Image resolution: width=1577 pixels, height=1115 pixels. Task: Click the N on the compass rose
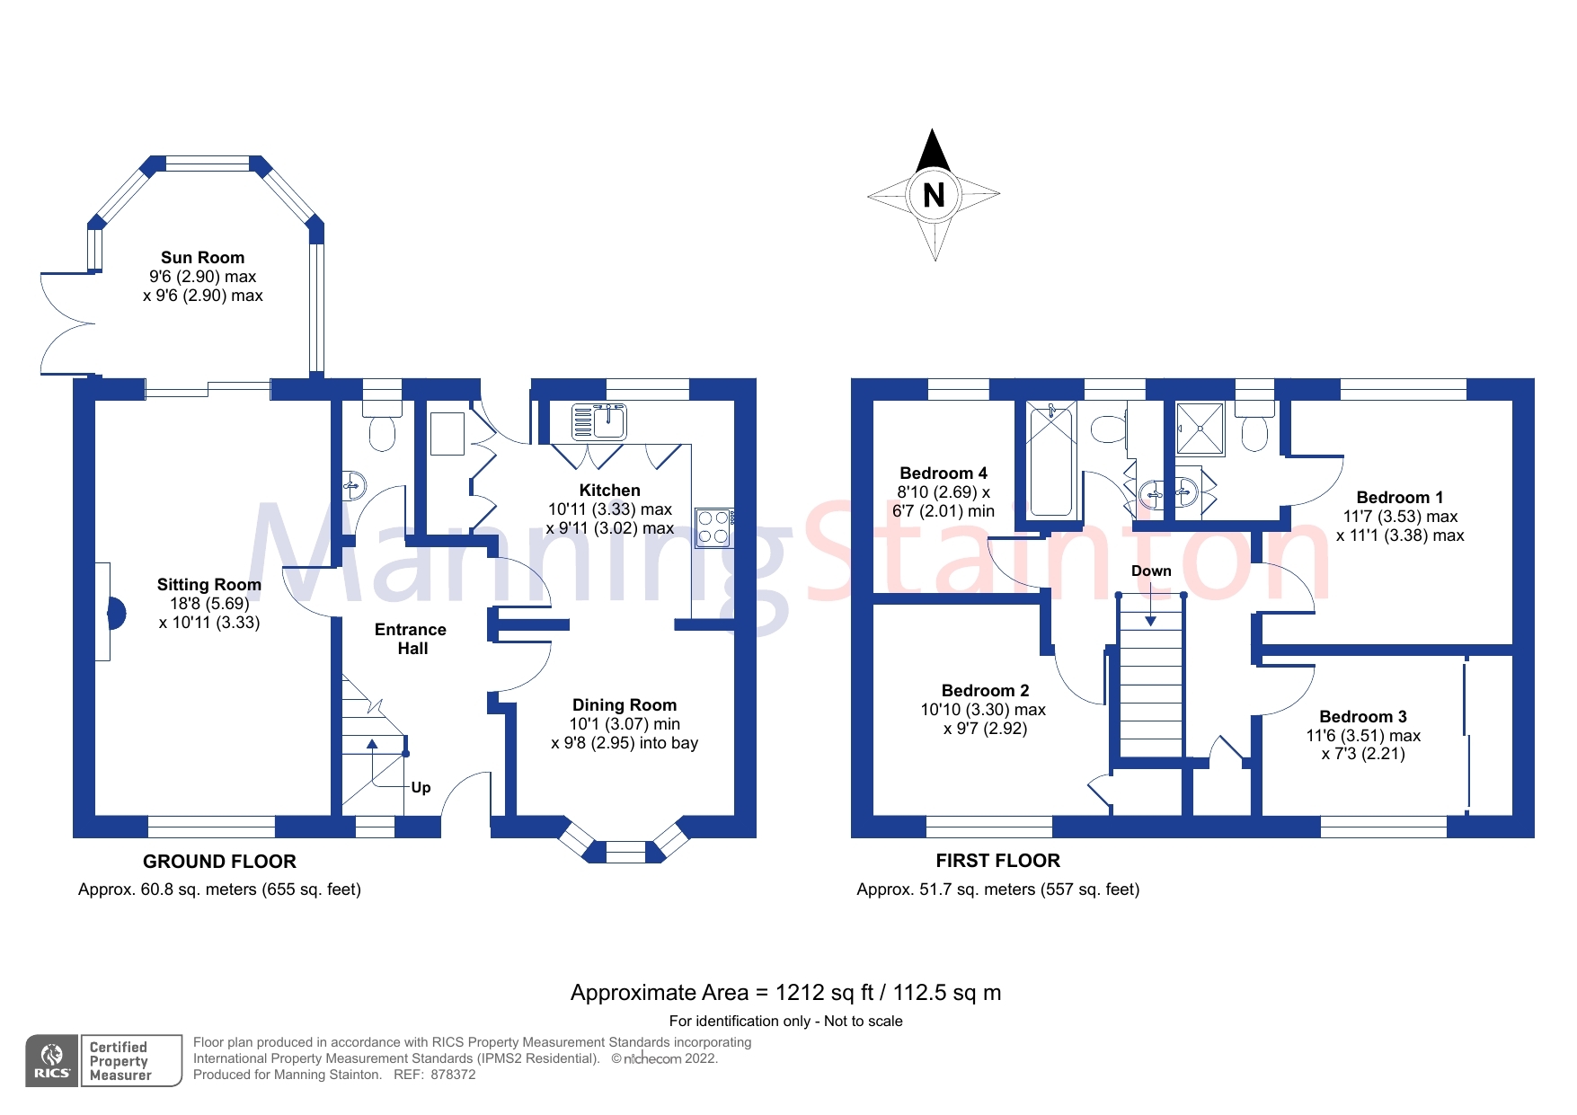pyautogui.click(x=934, y=195)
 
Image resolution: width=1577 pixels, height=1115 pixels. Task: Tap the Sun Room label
pyautogui.click(x=202, y=258)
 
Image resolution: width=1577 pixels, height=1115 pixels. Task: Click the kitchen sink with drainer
pyautogui.click(x=598, y=420)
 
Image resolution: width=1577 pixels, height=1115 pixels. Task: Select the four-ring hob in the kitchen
pyautogui.click(x=713, y=527)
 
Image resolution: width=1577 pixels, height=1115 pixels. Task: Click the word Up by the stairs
pyautogui.click(x=421, y=788)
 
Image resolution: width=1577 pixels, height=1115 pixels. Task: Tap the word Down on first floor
pyautogui.click(x=1150, y=571)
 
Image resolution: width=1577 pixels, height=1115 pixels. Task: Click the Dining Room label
pyautogui.click(x=625, y=705)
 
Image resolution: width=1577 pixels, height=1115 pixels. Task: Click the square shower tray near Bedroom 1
pyautogui.click(x=1200, y=429)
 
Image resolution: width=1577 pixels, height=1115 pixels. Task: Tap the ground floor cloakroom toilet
pyautogui.click(x=382, y=428)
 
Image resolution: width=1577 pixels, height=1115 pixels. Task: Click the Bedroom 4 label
pyautogui.click(x=943, y=473)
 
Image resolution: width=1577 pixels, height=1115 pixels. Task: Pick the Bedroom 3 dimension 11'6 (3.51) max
pyautogui.click(x=1362, y=736)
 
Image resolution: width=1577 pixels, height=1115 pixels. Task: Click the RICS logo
pyautogui.click(x=52, y=1060)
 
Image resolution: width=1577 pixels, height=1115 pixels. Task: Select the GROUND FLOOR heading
pyautogui.click(x=219, y=862)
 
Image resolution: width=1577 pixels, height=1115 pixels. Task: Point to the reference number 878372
pyautogui.click(x=453, y=1075)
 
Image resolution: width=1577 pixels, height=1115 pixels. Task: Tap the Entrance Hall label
pyautogui.click(x=411, y=639)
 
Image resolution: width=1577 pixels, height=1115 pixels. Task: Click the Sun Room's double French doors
pyautogui.click(x=65, y=323)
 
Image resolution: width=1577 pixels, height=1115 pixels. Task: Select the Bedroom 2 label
pyautogui.click(x=985, y=691)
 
